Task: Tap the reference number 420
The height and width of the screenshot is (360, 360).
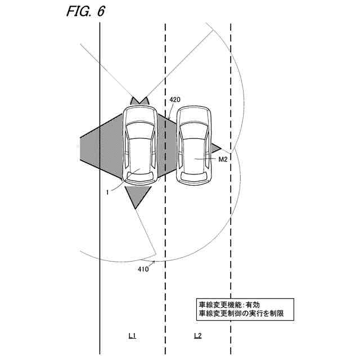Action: (175, 100)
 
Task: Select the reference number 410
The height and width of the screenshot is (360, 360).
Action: (143, 269)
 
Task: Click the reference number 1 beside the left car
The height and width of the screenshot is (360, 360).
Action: (106, 192)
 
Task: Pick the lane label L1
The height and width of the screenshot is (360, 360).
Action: (133, 336)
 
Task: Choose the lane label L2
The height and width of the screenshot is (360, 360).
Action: (197, 336)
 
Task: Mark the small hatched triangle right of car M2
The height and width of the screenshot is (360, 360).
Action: (215, 148)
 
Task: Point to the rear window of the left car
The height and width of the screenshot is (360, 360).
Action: (141, 175)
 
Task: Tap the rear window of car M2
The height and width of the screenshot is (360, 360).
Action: (194, 175)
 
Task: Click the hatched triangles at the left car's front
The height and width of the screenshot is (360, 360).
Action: (139, 101)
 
